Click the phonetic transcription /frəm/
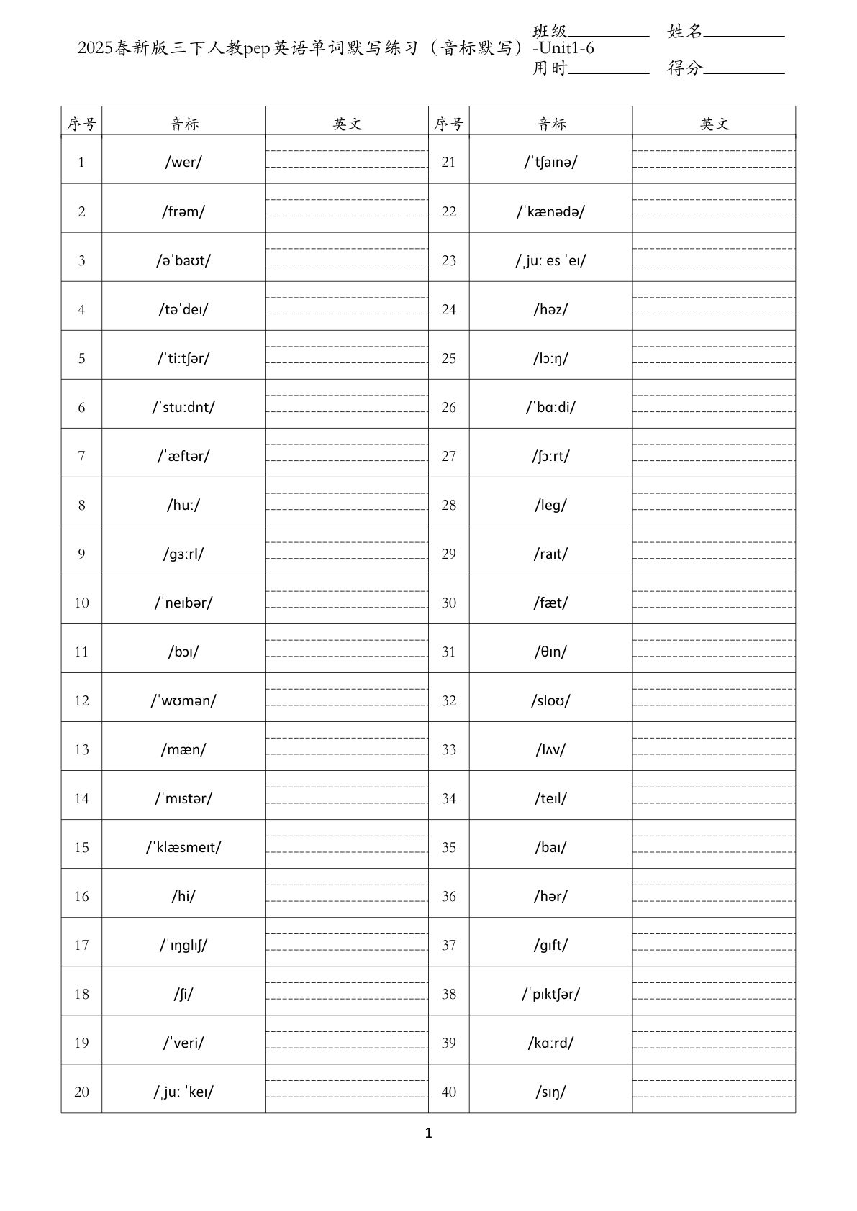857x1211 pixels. (183, 211)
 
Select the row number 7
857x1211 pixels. (81, 456)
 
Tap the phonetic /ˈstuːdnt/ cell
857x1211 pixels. (183, 407)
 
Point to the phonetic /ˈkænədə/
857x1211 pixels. (550, 211)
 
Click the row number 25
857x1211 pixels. (448, 358)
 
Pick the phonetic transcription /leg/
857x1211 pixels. (550, 505)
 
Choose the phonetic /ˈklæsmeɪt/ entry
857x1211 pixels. (183, 847)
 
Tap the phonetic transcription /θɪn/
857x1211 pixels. (550, 652)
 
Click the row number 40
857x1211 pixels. (448, 1092)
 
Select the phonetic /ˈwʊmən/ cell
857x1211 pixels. (183, 700)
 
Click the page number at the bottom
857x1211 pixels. (429, 1133)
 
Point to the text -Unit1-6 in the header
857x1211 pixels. (563, 50)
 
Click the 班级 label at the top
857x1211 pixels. (550, 31)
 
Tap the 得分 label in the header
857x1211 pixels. (684, 68)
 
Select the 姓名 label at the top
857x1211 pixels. (684, 31)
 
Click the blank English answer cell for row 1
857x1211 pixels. (346, 160)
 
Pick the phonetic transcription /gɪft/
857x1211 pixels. (550, 945)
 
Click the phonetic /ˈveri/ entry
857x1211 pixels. (183, 1043)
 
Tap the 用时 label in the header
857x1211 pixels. (550, 68)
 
